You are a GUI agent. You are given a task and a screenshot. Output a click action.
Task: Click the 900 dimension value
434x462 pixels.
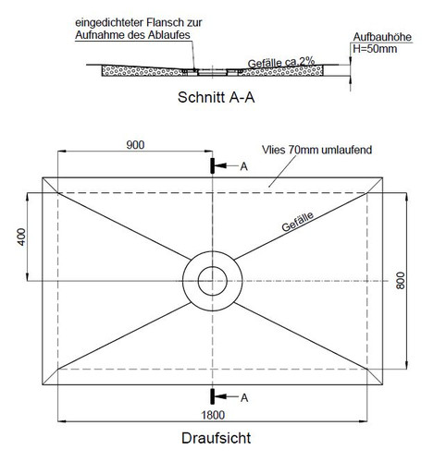[135, 145]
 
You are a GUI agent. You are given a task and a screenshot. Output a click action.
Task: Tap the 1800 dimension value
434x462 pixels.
[213, 415]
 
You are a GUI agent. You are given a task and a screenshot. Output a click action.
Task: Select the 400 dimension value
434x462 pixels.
[21, 237]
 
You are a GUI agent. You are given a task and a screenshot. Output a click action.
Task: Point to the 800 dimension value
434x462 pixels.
[400, 280]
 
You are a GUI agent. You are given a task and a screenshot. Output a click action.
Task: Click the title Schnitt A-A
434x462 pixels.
[216, 97]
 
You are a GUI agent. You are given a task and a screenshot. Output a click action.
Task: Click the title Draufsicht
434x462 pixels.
[216, 438]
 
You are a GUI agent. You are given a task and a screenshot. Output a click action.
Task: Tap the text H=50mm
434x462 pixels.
[375, 49]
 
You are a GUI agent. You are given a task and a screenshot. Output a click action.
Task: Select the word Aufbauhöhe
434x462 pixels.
[382, 37]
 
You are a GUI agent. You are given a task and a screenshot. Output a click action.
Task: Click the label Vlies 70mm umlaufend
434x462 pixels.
[316, 150]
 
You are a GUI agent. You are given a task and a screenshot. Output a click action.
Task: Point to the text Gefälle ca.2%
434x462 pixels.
[281, 63]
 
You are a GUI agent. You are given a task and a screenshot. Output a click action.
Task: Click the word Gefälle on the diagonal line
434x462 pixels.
[297, 222]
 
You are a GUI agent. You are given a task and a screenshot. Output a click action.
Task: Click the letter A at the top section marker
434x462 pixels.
[243, 166]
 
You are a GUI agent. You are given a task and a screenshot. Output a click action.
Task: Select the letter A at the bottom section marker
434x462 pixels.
[244, 398]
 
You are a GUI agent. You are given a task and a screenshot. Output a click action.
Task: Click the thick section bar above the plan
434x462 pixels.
[212, 165]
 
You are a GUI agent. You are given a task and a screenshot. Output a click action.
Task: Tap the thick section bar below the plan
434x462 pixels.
[212, 396]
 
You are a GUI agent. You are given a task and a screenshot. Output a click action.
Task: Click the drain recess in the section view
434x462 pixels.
[212, 72]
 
